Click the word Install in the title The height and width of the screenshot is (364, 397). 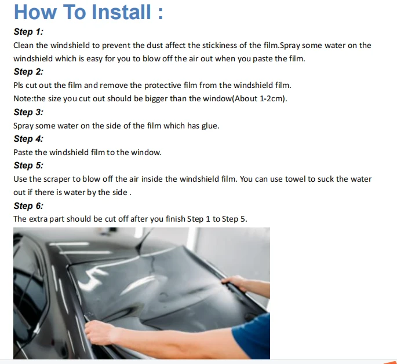click(x=121, y=12)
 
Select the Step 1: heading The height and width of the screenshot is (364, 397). click(x=28, y=32)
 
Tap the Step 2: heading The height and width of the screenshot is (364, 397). click(x=28, y=72)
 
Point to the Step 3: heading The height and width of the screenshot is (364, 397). click(x=28, y=112)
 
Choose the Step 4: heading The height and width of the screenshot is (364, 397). click(x=28, y=139)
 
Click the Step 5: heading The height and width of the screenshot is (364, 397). click(x=28, y=166)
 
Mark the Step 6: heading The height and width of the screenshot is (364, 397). click(x=28, y=206)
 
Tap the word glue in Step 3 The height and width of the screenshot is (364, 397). click(x=210, y=126)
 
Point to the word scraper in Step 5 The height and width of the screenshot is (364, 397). click(x=57, y=179)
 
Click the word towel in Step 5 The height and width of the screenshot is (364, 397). click(x=295, y=179)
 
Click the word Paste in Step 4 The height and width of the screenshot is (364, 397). click(x=23, y=152)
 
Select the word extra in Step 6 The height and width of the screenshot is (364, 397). click(x=38, y=219)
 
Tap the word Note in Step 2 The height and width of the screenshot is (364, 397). click(x=23, y=98)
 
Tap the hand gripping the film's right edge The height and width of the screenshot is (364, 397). click(x=235, y=281)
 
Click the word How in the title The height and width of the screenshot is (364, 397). click(x=35, y=12)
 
